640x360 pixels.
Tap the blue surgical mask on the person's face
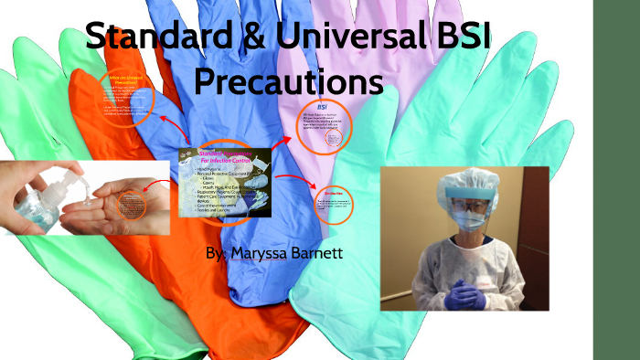point(467,219)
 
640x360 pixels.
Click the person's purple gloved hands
point(465,293)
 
